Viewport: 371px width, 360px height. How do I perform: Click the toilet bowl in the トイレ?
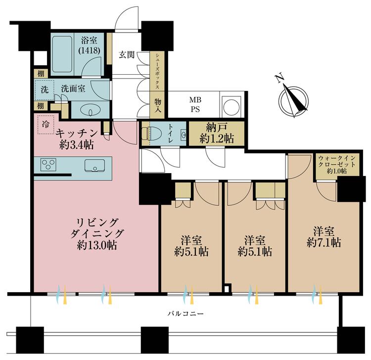[148, 134]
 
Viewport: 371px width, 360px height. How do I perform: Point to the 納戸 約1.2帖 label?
[217, 133]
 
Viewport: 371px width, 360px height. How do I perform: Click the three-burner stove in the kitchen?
[49, 165]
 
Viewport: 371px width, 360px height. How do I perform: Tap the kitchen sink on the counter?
[94, 166]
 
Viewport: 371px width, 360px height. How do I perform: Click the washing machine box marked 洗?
[44, 90]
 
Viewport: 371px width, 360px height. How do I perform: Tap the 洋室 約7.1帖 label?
[324, 236]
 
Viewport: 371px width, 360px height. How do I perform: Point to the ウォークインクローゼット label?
[332, 164]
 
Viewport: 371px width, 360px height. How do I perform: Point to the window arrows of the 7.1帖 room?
[315, 295]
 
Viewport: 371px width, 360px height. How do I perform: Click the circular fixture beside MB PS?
[231, 105]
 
